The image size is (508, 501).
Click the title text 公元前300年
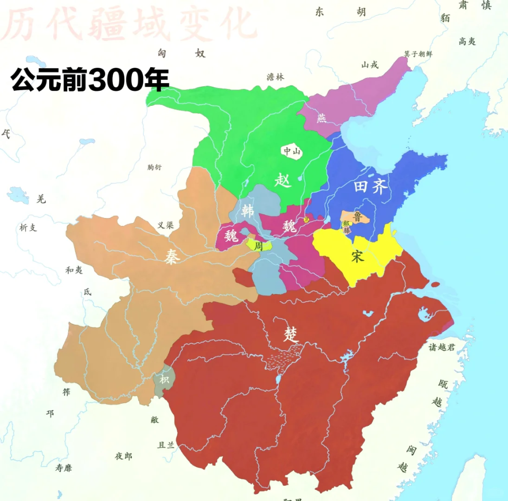click(x=90, y=80)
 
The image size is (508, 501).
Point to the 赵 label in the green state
click(x=284, y=180)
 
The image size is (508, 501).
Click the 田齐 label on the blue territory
click(x=370, y=187)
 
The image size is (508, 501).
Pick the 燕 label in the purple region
click(x=322, y=118)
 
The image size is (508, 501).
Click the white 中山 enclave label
click(x=292, y=151)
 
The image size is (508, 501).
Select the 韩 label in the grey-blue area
click(x=247, y=211)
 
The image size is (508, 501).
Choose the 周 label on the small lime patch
click(x=259, y=246)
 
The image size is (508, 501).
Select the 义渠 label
click(x=166, y=224)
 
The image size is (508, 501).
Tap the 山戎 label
click(x=370, y=65)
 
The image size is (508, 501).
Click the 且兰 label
click(x=166, y=445)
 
